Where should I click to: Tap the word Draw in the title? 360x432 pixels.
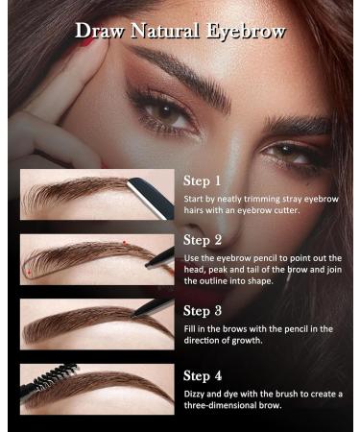point(99,31)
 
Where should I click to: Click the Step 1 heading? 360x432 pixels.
point(203,180)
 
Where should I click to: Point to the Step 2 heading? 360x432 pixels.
point(203,240)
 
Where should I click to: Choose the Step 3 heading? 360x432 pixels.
point(203,310)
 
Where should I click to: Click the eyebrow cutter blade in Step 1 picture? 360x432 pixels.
point(146,189)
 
